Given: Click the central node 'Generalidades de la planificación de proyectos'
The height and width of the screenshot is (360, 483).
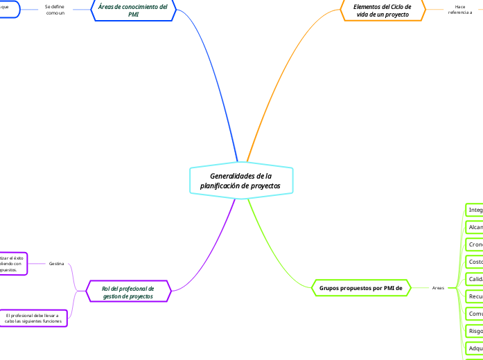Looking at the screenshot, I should click(x=240, y=180).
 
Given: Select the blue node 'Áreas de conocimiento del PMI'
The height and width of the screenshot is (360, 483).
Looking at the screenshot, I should click(x=134, y=10).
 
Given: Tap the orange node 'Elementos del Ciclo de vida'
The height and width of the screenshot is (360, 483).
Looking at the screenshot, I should click(x=382, y=10).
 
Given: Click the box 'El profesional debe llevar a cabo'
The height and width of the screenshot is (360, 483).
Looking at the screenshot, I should click(x=33, y=318).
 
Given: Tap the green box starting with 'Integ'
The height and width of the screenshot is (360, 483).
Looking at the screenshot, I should click(x=475, y=210).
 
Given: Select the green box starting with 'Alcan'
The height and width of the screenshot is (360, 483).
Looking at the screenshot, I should click(x=475, y=227).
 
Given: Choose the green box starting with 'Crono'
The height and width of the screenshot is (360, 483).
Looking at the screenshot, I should click(x=475, y=244).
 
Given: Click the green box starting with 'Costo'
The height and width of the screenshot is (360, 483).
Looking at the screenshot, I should click(x=475, y=262).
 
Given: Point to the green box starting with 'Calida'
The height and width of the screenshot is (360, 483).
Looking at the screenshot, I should click(x=475, y=279).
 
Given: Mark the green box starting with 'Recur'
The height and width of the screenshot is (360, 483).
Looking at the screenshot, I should click(x=475, y=296).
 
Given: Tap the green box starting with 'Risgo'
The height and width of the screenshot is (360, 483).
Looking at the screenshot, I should click(x=475, y=331).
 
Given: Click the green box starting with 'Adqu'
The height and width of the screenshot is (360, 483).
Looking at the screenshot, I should click(x=475, y=348).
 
